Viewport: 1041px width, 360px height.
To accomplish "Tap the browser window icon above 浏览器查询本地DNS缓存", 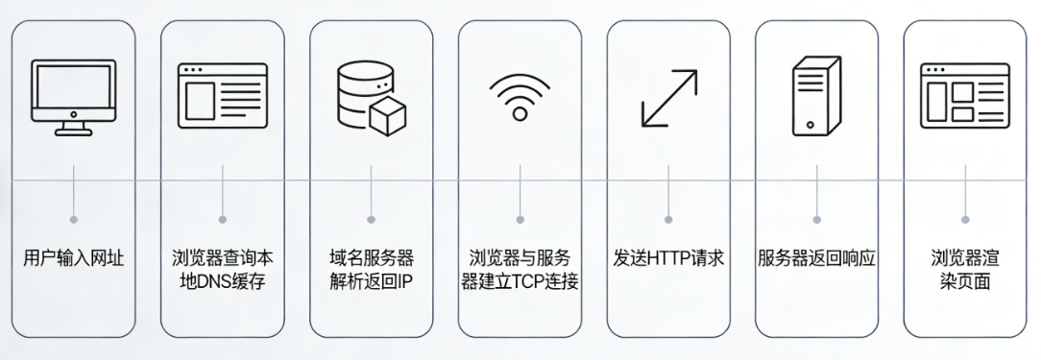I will [x=222, y=97].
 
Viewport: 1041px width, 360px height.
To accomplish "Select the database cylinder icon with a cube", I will [x=370, y=97].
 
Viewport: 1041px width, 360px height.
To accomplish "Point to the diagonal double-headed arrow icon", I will [x=668, y=97].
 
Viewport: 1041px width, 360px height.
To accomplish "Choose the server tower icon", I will [x=815, y=97].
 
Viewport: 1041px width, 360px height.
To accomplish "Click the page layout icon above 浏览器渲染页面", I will [x=964, y=97].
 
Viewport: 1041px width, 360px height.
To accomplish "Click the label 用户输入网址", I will [x=74, y=258].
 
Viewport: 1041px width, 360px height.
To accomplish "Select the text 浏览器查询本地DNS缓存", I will [x=222, y=270].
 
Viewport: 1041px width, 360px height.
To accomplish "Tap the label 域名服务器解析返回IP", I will [x=371, y=270].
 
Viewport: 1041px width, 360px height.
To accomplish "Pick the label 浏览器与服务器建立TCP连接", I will [x=520, y=270].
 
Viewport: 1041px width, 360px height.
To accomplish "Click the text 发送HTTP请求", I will [x=668, y=258].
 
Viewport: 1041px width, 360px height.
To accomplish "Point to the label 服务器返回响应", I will [x=816, y=258].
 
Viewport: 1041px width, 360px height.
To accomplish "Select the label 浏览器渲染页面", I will [x=964, y=270].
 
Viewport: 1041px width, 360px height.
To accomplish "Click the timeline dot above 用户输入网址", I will [x=74, y=220].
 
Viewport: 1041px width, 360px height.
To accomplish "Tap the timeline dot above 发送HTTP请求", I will [x=668, y=220].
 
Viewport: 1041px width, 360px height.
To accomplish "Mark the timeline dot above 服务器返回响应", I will [x=816, y=220].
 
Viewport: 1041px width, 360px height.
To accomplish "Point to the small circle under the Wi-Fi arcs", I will [x=520, y=114].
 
